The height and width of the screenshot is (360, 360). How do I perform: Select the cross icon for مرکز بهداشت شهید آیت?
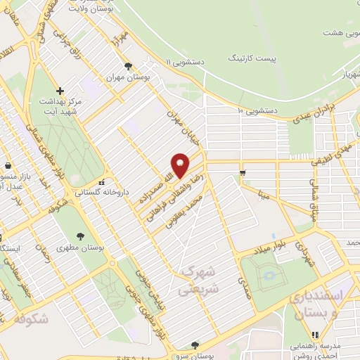pyautogui.click(x=60, y=91)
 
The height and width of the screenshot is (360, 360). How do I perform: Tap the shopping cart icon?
pyautogui.click(x=242, y=173)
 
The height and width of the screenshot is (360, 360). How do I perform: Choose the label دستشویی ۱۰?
pyautogui.click(x=258, y=110)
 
